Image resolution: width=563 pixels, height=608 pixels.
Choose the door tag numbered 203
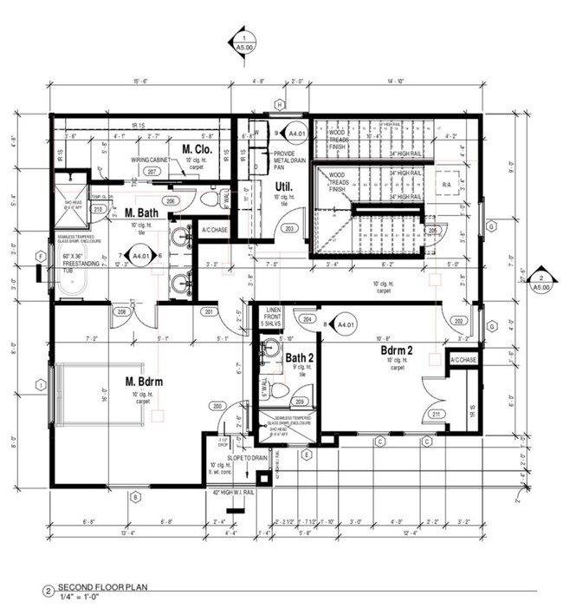(291, 228)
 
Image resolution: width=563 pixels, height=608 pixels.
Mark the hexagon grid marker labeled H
(279, 105)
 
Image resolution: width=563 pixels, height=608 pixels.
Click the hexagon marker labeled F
(40, 256)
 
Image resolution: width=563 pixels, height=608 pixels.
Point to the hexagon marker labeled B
(134, 496)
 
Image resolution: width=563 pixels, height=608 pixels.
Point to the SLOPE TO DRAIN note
(245, 457)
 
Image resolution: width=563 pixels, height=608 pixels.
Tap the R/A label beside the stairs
(447, 186)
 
